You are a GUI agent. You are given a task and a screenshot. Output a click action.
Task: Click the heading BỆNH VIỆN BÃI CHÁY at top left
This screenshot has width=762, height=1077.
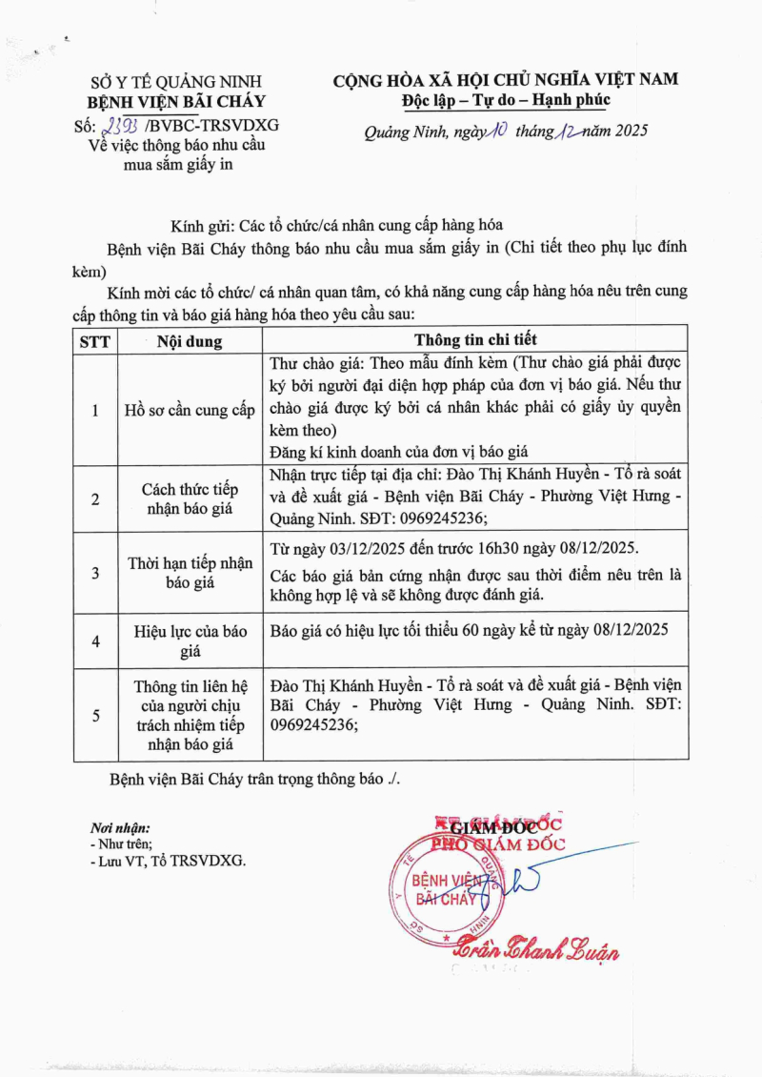pyautogui.click(x=177, y=103)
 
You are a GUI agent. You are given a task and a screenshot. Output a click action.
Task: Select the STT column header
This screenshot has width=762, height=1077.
pyautogui.click(x=94, y=340)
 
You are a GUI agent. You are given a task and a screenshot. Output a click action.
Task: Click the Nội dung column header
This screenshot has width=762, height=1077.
pyautogui.click(x=190, y=340)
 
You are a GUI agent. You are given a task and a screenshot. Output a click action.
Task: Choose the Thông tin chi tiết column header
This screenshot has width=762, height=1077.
pyautogui.click(x=475, y=339)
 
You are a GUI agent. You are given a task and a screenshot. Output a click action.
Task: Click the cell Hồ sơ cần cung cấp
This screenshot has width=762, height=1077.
pyautogui.click(x=190, y=411)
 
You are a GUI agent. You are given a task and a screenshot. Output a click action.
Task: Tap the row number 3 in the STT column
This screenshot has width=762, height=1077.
pyautogui.click(x=94, y=573)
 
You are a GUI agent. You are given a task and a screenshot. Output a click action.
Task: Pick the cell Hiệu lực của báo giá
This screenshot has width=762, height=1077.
pyautogui.click(x=190, y=640)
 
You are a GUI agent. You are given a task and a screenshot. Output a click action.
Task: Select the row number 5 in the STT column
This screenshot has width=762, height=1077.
pyautogui.click(x=94, y=715)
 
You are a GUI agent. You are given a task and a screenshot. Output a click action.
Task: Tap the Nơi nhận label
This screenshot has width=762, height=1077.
pyautogui.click(x=120, y=828)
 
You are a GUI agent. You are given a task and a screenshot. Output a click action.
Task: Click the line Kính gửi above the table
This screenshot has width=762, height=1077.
pyautogui.click(x=336, y=225)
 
